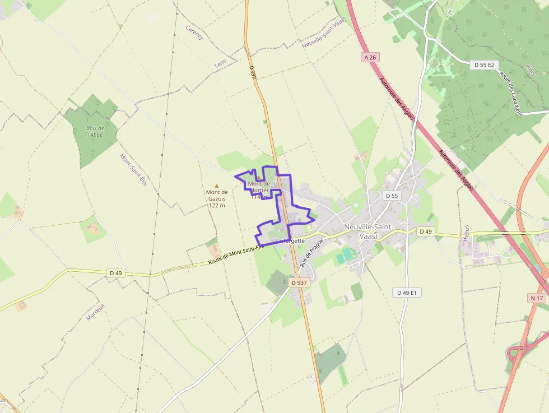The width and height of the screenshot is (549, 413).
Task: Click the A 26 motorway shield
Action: click(369, 57)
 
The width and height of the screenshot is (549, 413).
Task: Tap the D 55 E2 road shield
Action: click(484, 65)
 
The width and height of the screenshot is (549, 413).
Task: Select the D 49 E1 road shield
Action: click(408, 293)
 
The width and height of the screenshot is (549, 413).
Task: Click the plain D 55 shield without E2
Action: click(392, 196)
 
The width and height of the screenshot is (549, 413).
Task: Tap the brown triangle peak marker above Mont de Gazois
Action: click(217, 185)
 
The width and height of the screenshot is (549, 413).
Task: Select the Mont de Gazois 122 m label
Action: click(216, 198)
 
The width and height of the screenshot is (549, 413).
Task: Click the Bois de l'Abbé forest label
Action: click(95, 131)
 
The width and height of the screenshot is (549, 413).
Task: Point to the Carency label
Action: click(194, 33)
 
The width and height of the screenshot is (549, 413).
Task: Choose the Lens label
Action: click(220, 64)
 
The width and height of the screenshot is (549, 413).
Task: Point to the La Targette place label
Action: click(290, 240)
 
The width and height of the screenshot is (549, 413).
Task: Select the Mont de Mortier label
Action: click(259, 187)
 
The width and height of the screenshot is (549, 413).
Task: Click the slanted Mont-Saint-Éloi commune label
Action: click(133, 171)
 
